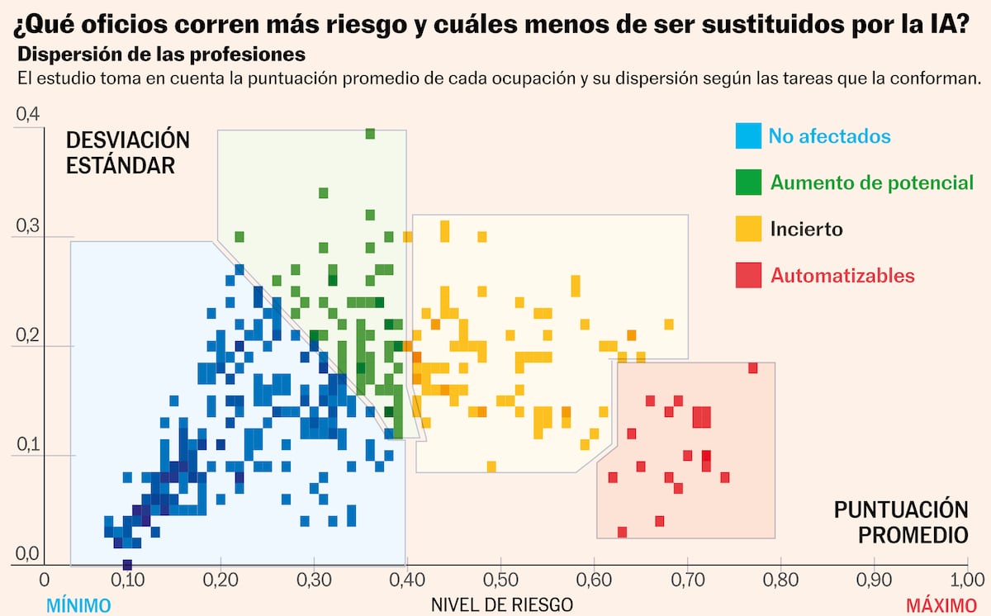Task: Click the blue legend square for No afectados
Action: click(x=748, y=135)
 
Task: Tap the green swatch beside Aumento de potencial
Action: click(x=748, y=182)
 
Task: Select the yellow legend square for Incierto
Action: click(x=748, y=228)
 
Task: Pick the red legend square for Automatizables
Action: click(x=748, y=275)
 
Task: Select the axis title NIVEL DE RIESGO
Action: click(x=502, y=604)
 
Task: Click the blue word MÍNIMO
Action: click(x=78, y=605)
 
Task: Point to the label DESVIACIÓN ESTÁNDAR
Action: click(x=127, y=152)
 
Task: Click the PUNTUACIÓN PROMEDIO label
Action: click(x=900, y=521)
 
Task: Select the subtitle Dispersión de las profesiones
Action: click(x=162, y=55)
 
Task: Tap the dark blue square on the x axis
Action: click(x=127, y=565)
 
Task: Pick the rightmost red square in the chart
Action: click(x=752, y=367)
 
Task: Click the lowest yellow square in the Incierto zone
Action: click(x=491, y=467)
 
